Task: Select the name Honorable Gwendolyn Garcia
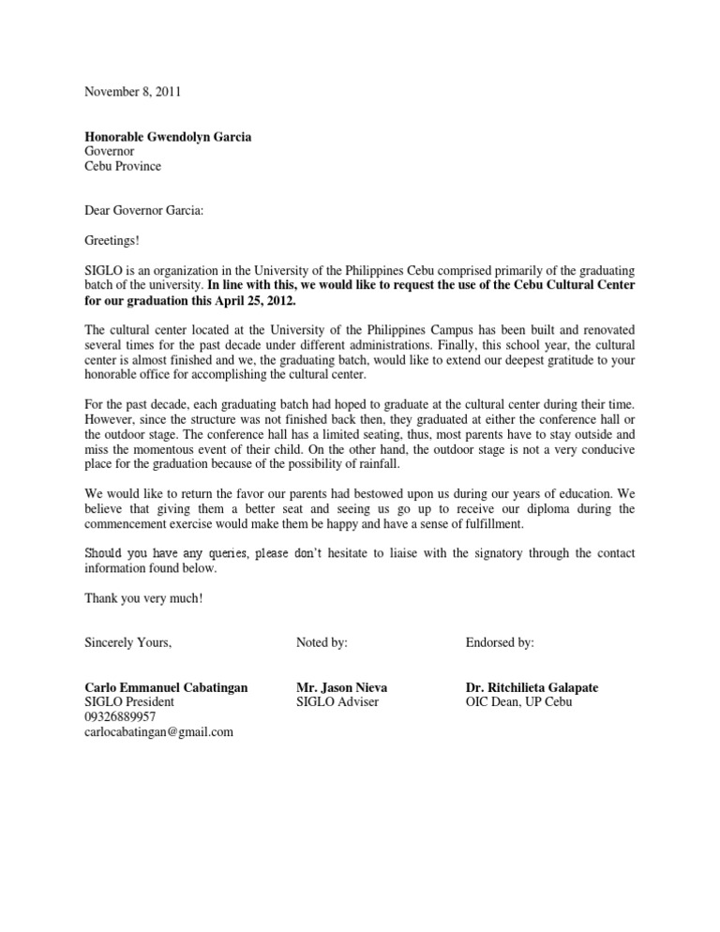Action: click(168, 137)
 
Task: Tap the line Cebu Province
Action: click(123, 166)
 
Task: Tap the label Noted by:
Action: click(322, 642)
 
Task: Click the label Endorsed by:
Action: click(500, 642)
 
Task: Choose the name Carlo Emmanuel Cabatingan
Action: click(166, 687)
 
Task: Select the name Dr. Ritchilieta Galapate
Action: click(532, 687)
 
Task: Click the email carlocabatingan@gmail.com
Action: click(158, 732)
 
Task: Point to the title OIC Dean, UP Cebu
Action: click(517, 702)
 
